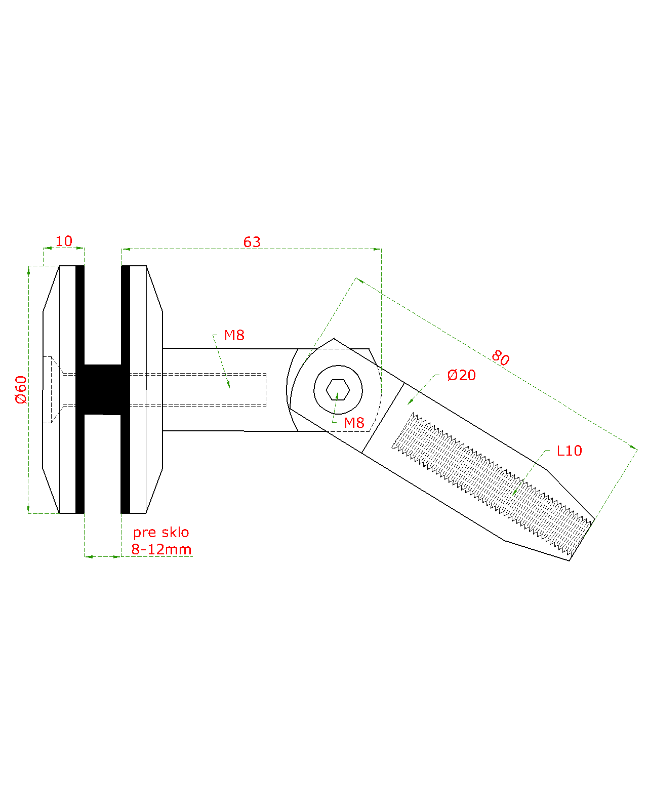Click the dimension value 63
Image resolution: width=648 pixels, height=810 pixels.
click(252, 242)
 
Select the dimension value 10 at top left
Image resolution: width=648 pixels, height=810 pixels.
click(64, 241)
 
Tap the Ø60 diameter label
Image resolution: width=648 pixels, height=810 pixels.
click(21, 389)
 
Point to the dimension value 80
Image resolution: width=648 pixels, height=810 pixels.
click(500, 358)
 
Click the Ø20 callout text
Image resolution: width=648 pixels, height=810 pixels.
click(462, 375)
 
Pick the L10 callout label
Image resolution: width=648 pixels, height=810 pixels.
click(569, 451)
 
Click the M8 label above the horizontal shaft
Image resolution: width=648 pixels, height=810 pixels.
click(234, 335)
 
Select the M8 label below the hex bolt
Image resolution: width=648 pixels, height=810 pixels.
click(354, 423)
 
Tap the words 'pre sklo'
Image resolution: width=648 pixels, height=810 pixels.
click(161, 533)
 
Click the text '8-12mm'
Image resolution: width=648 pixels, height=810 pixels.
click(161, 549)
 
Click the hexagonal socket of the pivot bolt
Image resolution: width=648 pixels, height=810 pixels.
click(338, 390)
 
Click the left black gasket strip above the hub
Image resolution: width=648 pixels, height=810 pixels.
click(80, 315)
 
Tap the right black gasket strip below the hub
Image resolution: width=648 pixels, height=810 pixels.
click(126, 464)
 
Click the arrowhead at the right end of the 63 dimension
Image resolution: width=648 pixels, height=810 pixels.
click(377, 249)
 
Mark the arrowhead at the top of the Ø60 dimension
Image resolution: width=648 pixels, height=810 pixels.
click(29, 270)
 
